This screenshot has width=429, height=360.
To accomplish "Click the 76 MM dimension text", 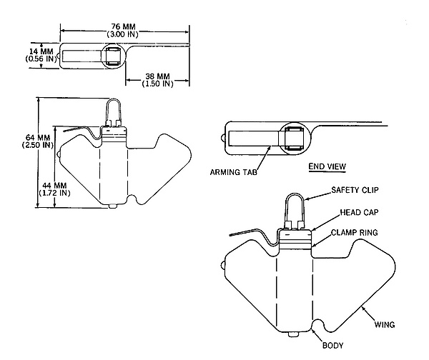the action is [123, 26].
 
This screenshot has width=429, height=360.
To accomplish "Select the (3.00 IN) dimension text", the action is [122, 34].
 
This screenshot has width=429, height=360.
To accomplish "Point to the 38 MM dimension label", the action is [157, 76].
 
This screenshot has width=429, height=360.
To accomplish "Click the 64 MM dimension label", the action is [38, 137].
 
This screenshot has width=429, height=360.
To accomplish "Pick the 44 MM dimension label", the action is [54, 186].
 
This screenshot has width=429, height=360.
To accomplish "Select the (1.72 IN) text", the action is [54, 193].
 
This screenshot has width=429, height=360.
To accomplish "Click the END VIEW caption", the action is [327, 166].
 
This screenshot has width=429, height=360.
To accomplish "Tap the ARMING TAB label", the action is [234, 172].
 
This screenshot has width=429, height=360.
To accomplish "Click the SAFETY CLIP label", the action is [355, 190].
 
